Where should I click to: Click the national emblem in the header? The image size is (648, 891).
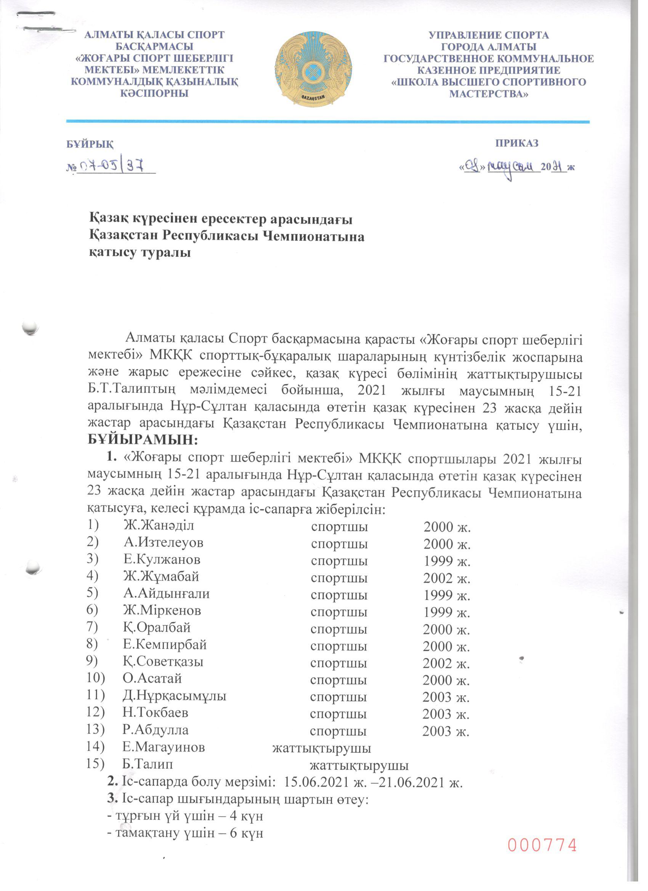[313, 69]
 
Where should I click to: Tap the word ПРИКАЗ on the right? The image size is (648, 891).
[516, 143]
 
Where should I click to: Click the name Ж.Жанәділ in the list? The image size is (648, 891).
[159, 525]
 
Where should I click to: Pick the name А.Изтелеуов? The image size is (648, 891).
[164, 543]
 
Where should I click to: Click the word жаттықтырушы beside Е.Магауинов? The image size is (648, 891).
[322, 748]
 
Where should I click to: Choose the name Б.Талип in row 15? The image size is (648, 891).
[148, 764]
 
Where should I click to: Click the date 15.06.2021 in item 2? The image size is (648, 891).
[317, 782]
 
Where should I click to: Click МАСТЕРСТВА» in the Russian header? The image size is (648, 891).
[488, 94]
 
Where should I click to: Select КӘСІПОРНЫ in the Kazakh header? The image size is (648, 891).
[154, 93]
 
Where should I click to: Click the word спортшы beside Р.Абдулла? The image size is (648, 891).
[338, 731]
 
